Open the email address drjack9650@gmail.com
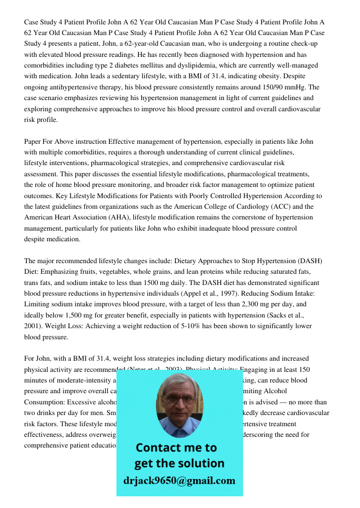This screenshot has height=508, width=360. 179,481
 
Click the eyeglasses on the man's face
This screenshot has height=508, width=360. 179,399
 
